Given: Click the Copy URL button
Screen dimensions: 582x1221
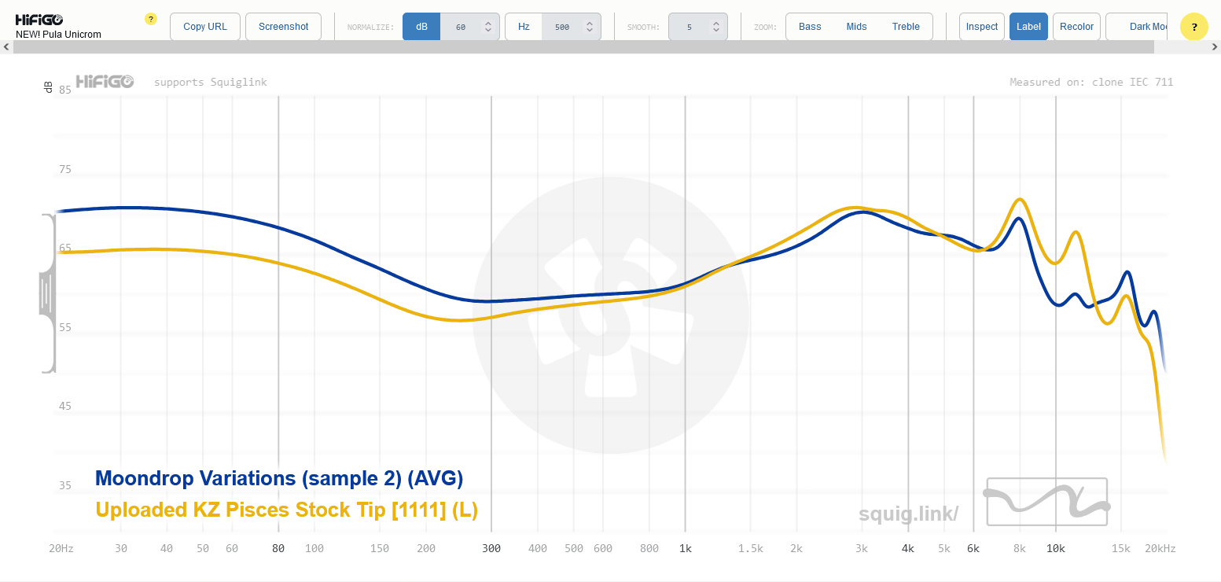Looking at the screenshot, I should pos(204,27).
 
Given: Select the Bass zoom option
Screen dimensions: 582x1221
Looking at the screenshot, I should pos(810,27).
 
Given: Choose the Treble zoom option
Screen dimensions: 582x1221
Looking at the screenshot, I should pos(906,27).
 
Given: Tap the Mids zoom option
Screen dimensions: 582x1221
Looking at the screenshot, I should pos(856,27).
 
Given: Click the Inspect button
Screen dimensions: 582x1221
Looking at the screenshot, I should pos(981,27).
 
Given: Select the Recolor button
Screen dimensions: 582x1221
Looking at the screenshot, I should pos(1076,27).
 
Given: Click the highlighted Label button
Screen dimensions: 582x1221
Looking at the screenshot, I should pos(1028,27).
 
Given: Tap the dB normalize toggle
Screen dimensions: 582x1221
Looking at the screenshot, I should pos(421,27).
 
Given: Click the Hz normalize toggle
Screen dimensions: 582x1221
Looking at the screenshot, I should pos(524,27).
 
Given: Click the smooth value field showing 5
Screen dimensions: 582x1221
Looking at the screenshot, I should pos(690,27).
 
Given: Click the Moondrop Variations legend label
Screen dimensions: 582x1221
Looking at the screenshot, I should pos(279,478).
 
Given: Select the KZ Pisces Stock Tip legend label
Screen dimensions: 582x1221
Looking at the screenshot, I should pos(286,510).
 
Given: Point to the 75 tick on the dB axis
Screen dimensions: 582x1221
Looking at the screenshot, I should pos(65,169).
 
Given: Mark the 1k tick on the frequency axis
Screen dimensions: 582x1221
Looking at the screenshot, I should pos(686,548).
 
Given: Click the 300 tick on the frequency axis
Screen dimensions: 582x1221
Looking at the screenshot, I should pos(491,548).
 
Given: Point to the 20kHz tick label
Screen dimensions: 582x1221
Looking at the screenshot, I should pos(1160,548).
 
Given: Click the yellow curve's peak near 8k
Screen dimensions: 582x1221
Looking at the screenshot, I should pos(1020,199).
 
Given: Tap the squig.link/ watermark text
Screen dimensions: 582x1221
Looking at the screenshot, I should pos(908,514).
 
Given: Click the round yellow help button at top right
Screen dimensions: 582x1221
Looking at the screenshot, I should pos(1193,27).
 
